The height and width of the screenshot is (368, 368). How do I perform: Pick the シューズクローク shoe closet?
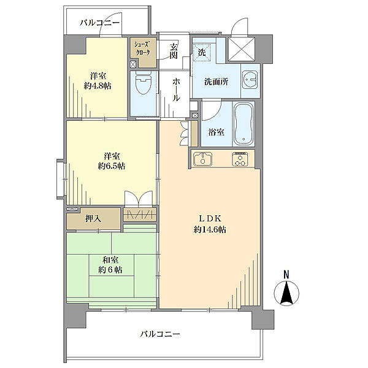pos(142,49)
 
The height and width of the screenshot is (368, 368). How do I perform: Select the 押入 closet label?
pos(94,218)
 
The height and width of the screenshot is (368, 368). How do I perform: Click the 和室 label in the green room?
pos(110,260)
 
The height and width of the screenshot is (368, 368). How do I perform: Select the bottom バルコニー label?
pos(159,334)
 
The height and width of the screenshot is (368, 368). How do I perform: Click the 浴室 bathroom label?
pos(215,132)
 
